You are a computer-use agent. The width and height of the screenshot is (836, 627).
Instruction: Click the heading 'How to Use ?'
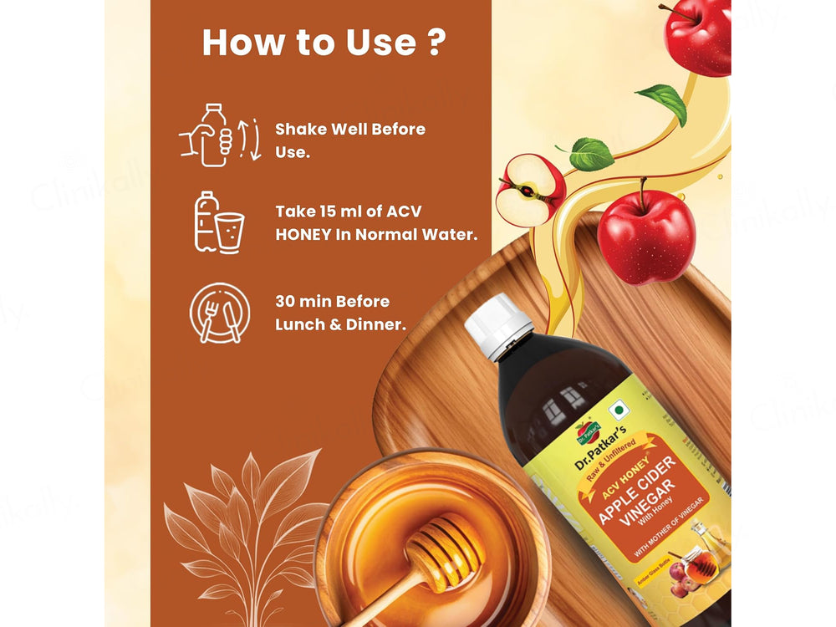322,43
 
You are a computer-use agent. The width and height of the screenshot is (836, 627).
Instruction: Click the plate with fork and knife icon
219,313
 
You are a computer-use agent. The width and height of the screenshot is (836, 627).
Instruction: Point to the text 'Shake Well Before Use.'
350,140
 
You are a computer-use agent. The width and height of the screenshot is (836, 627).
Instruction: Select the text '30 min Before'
333,301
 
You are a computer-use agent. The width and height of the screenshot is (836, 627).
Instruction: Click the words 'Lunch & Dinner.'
340,324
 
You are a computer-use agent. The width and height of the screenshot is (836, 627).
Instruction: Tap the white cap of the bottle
498,325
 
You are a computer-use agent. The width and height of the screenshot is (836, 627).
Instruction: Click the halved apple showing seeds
530,189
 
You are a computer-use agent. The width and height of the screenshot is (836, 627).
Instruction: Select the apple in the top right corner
697,35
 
